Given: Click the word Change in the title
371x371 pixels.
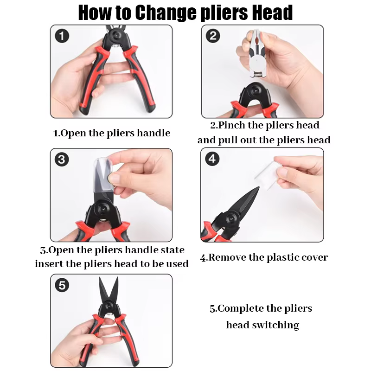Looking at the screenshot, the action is pyautogui.click(x=166, y=13).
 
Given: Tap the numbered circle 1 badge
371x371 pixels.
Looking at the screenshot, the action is pyautogui.click(x=62, y=36).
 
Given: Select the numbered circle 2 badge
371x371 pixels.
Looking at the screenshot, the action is pyautogui.click(x=213, y=36).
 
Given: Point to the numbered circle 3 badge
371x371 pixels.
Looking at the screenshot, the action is pyautogui.click(x=62, y=160).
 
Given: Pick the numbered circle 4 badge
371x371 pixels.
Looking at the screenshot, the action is pyautogui.click(x=212, y=159).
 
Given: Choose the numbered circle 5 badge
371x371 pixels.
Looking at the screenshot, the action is pyautogui.click(x=62, y=285).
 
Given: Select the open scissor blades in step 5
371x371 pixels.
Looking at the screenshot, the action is pyautogui.click(x=109, y=289).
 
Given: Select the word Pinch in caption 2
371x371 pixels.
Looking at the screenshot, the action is pyautogui.click(x=231, y=125).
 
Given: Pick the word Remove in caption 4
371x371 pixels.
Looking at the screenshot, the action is pyautogui.click(x=227, y=257).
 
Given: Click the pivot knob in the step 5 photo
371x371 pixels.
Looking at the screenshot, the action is pyautogui.click(x=109, y=306).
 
